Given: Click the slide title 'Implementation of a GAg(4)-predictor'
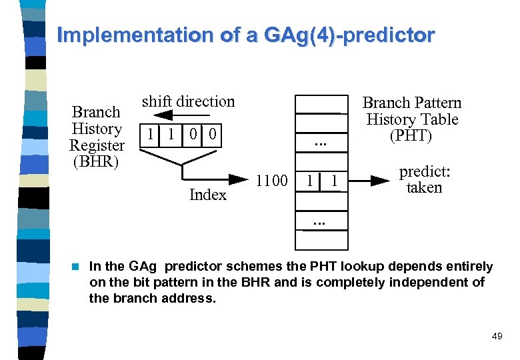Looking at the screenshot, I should (245, 35).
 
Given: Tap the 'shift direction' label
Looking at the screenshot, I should (188, 101).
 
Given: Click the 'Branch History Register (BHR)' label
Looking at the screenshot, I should (97, 137).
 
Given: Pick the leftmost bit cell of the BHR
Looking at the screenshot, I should (151, 134).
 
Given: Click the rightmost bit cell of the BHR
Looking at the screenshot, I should (212, 134).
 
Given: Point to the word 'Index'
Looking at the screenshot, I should (207, 195).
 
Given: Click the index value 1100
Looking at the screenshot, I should (271, 181).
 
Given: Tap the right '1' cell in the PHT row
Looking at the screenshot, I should (335, 181).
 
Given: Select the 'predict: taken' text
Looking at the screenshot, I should (425, 179).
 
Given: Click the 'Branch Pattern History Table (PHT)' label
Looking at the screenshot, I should (411, 119).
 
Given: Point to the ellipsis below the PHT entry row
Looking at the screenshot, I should (321, 218).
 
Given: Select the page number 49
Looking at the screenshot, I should (497, 337).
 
